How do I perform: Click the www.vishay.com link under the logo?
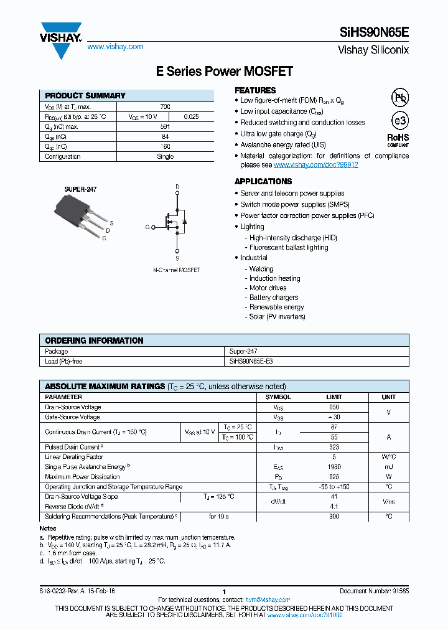tap(115, 47)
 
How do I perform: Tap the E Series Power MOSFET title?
tap(224, 72)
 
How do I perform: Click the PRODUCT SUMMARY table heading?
tap(85, 96)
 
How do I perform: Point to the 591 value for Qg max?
tap(165, 127)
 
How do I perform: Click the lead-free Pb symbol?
tap(399, 98)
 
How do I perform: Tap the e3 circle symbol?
tap(399, 121)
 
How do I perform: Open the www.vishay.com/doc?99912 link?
tap(315, 165)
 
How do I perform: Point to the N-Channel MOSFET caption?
tap(177, 270)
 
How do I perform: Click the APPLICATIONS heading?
tap(263, 181)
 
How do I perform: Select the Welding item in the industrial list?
tap(261, 269)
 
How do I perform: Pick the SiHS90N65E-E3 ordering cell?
tap(251, 362)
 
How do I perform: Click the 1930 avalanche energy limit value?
tap(334, 466)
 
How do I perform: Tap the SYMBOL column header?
tap(278, 397)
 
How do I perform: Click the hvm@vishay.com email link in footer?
tap(268, 599)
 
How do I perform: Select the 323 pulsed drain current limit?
tap(334, 447)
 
